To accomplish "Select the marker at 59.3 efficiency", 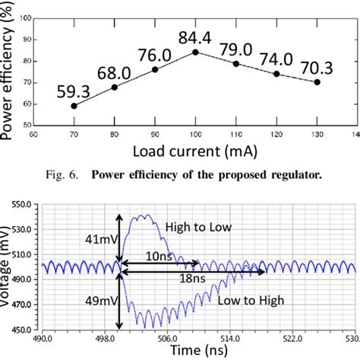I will (x=74, y=106).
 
